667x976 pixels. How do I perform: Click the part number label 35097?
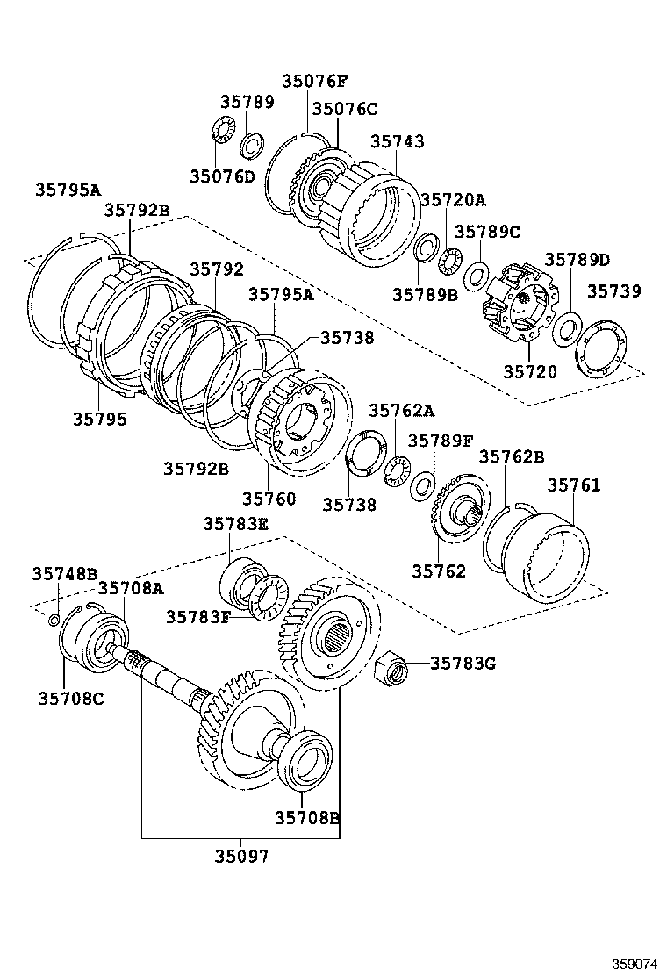point(243,856)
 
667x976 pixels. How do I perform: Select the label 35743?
point(397,141)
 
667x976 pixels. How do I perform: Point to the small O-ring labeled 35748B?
point(54,621)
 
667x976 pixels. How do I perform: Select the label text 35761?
point(574,484)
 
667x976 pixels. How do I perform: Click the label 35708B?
point(306,817)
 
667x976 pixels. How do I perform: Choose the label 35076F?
point(314,81)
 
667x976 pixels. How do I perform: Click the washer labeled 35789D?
point(566,329)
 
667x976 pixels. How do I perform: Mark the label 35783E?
point(235,524)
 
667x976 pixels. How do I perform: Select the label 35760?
point(269,499)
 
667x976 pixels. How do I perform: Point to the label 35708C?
point(70,698)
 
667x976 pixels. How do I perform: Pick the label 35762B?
point(512,456)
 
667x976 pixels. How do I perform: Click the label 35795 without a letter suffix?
point(99,420)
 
